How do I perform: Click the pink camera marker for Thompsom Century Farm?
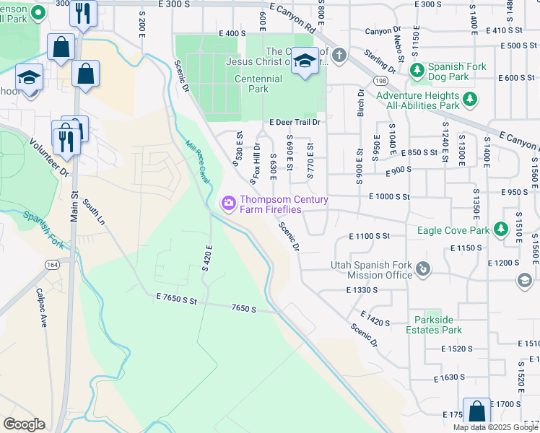click(x=229, y=204)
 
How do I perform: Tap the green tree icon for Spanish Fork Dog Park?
click(x=416, y=71)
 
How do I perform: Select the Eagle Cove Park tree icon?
click(x=500, y=230)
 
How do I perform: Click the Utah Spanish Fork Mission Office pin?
click(x=424, y=270)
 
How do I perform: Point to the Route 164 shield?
click(x=52, y=265)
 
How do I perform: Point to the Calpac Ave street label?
click(x=41, y=308)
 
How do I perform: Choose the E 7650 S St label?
click(x=177, y=298)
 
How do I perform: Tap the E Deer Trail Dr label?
click(x=295, y=123)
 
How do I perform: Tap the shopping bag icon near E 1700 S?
click(x=476, y=411)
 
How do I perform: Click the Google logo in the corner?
click(x=24, y=424)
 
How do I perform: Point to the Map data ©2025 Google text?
click(x=495, y=427)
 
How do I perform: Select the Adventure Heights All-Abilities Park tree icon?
click(x=470, y=100)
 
